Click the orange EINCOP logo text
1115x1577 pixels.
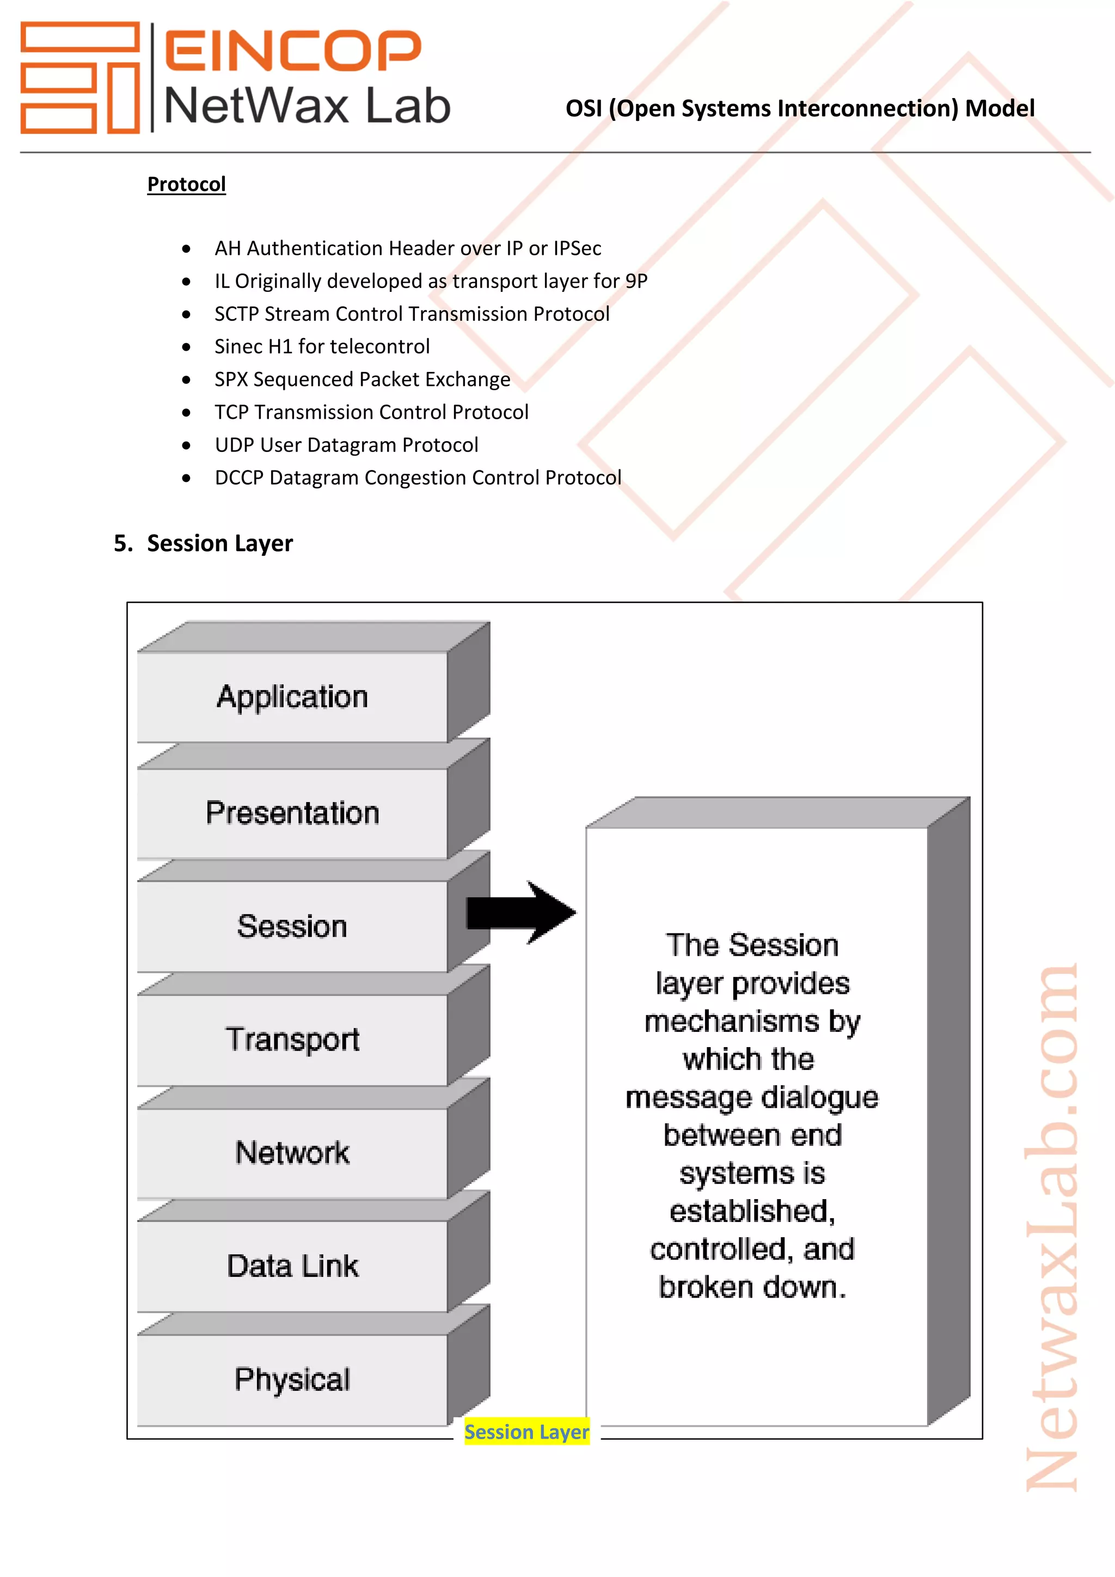point(293,51)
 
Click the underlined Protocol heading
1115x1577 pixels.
point(186,184)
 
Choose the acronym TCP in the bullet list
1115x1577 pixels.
point(231,412)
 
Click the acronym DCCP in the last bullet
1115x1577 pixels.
point(239,478)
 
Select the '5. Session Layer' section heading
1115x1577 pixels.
point(203,543)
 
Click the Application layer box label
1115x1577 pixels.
point(292,697)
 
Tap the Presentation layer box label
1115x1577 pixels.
point(292,813)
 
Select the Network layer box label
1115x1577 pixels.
point(292,1153)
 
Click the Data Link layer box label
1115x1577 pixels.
point(292,1267)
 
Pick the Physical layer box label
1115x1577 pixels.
point(292,1380)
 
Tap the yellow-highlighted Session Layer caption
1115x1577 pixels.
point(526,1432)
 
